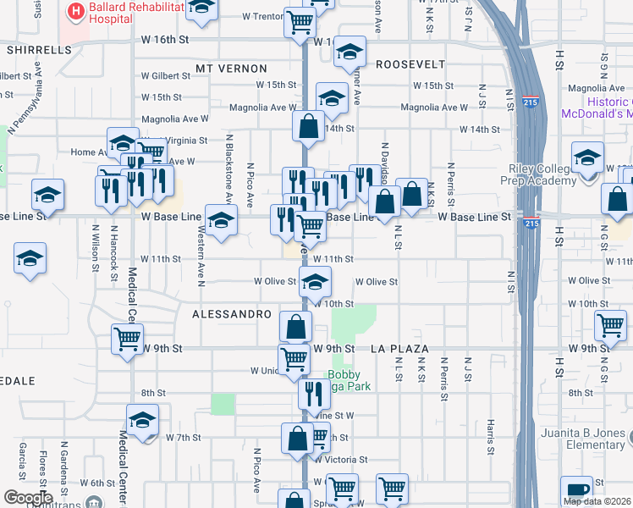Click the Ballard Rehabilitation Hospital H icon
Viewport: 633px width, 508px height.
coord(75,12)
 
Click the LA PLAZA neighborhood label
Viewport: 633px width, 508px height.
coord(400,348)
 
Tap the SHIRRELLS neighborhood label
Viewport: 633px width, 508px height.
coord(39,50)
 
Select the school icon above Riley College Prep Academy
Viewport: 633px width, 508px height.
coord(587,156)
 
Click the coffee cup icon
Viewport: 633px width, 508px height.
coord(577,489)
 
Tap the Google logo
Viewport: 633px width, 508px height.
coord(28,498)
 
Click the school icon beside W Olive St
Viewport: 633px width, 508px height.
coord(316,280)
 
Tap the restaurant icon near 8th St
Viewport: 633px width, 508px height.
coord(314,391)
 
